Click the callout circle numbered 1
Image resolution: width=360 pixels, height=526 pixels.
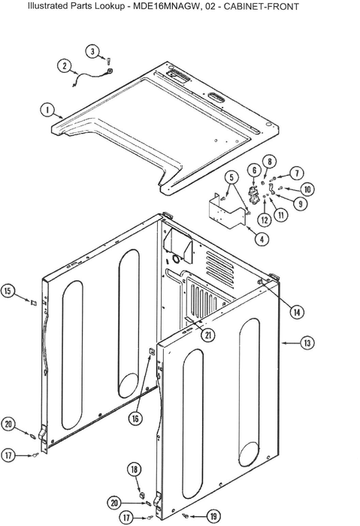coord(47,110)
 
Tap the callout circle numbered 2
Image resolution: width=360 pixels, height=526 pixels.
coord(65,65)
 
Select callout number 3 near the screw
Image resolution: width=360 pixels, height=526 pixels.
coord(92,51)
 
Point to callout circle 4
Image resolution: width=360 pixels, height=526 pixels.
coord(262,239)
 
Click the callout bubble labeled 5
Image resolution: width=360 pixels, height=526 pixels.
coord(231,177)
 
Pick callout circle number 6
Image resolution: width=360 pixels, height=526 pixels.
coord(254,171)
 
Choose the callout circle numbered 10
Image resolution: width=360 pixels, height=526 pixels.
coord(307,189)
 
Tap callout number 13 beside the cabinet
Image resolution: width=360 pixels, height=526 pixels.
coord(307,343)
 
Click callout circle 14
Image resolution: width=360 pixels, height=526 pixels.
coord(297,313)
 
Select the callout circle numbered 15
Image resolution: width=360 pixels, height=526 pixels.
coord(8,291)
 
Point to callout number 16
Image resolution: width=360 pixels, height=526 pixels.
coord(135,419)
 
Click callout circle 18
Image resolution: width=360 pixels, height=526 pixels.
coord(134,470)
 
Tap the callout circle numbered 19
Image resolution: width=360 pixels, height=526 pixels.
coord(213,516)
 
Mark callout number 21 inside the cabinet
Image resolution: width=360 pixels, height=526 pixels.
coord(208,334)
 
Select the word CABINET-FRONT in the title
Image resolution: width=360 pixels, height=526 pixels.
coord(261,6)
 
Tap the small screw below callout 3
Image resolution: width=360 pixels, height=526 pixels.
coord(108,61)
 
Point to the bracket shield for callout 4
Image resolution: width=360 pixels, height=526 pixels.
coord(226,211)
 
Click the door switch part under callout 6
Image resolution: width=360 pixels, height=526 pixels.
coord(253,194)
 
